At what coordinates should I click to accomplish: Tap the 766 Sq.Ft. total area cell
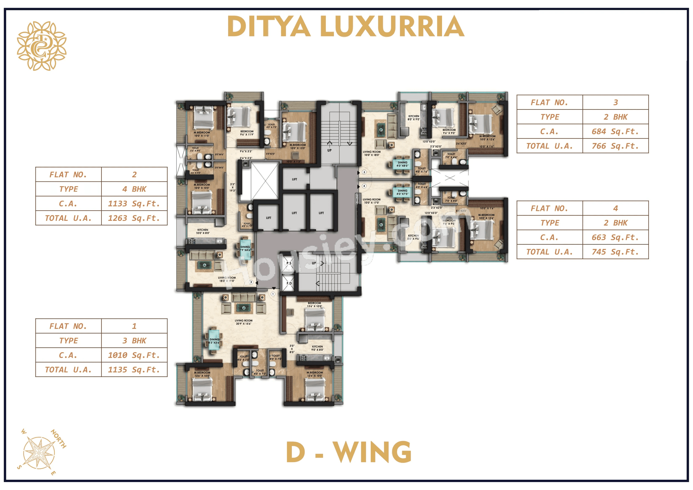[615, 146]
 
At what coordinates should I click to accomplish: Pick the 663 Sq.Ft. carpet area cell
[615, 237]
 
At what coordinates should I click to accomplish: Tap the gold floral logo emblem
[42, 46]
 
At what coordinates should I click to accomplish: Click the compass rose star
[39, 453]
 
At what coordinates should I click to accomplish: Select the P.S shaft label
[289, 263]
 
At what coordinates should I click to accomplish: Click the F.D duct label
[289, 283]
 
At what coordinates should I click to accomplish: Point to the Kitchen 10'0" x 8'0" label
[203, 231]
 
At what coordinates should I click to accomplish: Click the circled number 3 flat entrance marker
[364, 172]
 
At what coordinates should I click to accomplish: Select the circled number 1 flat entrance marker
[273, 294]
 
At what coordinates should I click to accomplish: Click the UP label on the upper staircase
[329, 150]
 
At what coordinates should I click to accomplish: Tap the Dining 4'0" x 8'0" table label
[402, 164]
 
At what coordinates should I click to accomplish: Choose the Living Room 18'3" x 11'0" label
[227, 279]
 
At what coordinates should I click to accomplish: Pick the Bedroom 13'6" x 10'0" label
[314, 304]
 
